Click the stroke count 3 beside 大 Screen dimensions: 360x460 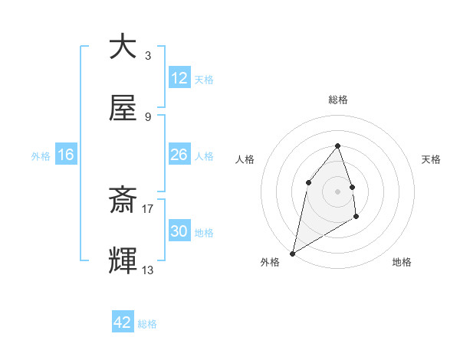[147, 55]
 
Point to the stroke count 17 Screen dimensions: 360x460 [148, 208]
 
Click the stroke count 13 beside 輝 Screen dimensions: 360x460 [148, 270]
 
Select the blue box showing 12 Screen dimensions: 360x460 [179, 78]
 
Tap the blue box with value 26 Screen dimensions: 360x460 [179, 155]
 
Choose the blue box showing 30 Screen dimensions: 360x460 [179, 231]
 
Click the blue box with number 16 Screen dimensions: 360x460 [66, 155]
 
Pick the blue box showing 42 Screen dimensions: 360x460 [123, 322]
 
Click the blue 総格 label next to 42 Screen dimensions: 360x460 [147, 324]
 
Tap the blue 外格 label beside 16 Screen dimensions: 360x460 [41, 156]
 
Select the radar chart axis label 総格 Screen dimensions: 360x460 [337, 100]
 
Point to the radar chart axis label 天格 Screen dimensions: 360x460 [431, 159]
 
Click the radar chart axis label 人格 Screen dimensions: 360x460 [245, 159]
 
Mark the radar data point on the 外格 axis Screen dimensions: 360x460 [292, 253]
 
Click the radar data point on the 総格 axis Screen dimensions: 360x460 [337, 146]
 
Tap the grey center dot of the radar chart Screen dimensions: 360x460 [337, 191]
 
